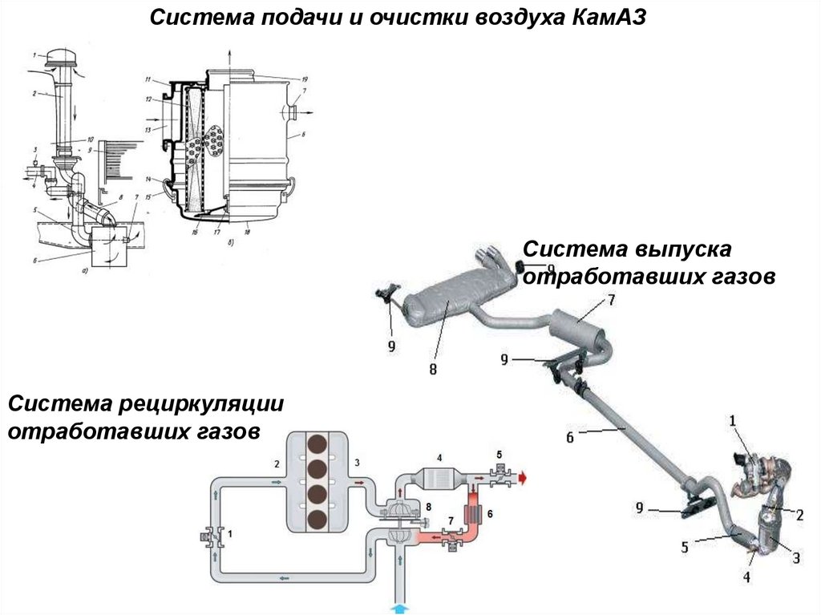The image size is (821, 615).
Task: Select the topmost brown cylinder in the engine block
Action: [x=318, y=445]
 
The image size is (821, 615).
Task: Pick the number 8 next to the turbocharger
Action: [x=430, y=507]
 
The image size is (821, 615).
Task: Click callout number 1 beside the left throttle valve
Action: [x=232, y=532]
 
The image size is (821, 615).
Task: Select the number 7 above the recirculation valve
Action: [x=451, y=522]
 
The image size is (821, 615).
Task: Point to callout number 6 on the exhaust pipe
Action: [x=570, y=438]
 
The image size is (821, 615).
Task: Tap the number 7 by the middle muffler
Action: [x=610, y=301]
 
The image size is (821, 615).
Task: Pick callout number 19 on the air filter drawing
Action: [x=305, y=80]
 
